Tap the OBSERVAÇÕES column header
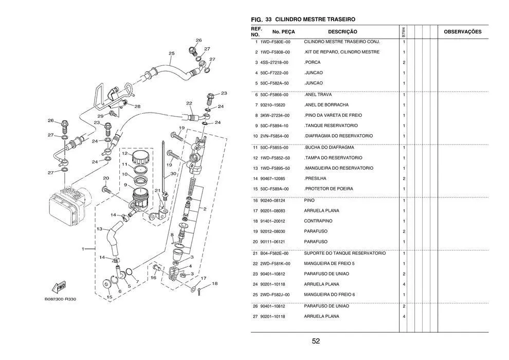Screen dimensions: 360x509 click(462, 32)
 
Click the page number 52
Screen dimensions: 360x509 click(316, 341)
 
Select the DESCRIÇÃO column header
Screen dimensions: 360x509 click(331, 32)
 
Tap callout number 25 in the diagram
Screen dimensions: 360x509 click(171, 53)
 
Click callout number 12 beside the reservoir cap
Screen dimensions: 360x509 click(124, 153)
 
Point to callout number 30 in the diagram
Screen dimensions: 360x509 click(173, 174)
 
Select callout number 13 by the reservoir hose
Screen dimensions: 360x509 click(100, 229)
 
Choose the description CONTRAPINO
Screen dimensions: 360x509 click(318, 221)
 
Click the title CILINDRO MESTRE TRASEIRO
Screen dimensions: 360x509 click(318, 19)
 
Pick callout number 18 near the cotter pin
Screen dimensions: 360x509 click(214, 283)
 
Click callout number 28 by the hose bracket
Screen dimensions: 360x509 click(137, 106)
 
